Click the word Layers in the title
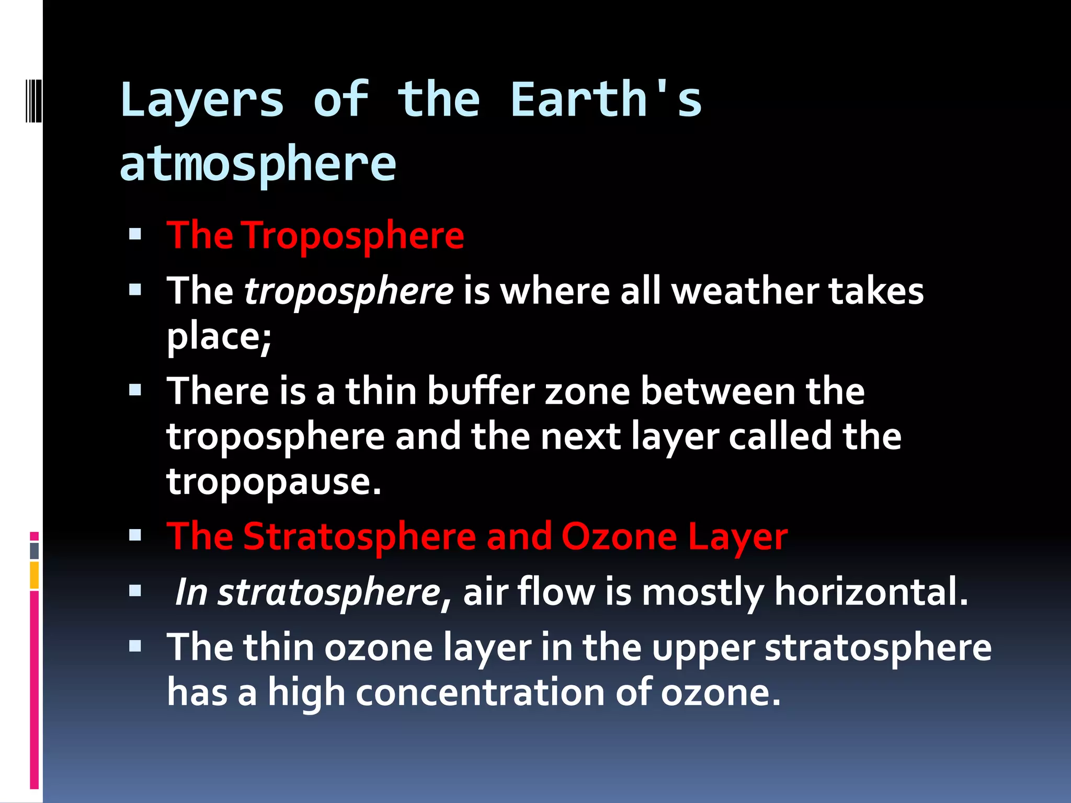202,100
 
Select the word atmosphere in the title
258,163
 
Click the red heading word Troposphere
354,235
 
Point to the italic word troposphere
349,291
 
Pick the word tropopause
274,481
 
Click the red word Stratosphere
360,536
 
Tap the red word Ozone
619,536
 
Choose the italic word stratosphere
329,592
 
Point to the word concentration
480,692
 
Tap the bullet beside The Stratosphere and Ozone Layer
135,535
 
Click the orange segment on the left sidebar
35,575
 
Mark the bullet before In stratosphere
135,591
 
